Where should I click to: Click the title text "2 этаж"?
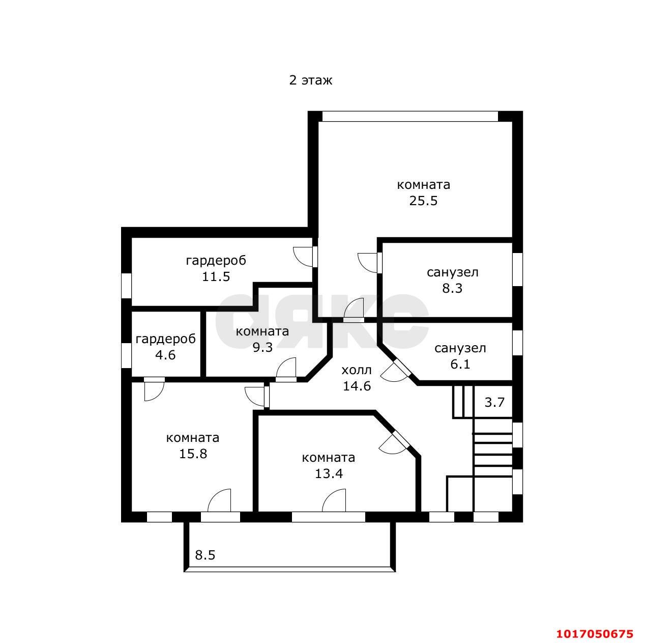[x=310, y=80]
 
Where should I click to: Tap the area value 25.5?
[x=423, y=201]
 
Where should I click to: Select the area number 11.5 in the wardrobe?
[x=216, y=276]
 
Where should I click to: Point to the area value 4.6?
[x=165, y=354]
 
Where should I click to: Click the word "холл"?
[x=357, y=370]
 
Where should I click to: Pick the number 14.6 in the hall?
[x=357, y=386]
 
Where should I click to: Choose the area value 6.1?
[x=460, y=364]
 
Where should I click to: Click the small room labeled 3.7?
[x=494, y=402]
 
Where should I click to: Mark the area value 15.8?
[x=193, y=453]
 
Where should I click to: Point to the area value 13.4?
[x=329, y=473]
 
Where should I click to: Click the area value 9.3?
[x=262, y=348]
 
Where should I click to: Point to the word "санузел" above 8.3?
[x=452, y=272]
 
